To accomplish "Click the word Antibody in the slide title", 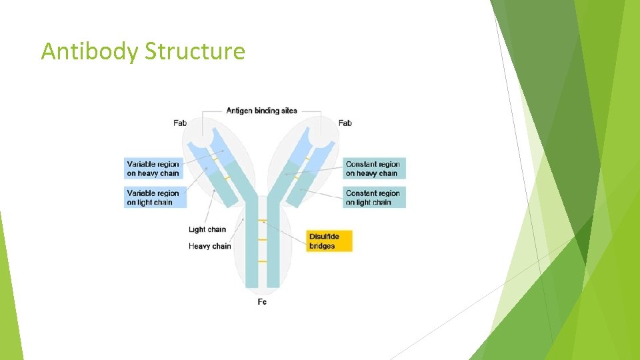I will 89,51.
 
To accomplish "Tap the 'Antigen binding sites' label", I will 261,111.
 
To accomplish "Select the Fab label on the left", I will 180,123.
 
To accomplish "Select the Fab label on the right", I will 345,123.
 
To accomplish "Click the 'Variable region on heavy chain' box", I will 153,169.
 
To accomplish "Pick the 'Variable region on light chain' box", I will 153,197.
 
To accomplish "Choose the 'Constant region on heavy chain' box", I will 373,169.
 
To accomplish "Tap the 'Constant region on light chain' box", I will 373,197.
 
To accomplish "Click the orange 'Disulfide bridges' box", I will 329,241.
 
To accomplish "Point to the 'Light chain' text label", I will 207,229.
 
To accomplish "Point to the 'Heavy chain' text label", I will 210,246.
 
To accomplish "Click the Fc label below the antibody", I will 262,302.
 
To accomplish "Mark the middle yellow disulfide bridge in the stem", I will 262,239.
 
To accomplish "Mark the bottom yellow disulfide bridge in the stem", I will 262,261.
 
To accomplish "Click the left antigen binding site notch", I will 219,139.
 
